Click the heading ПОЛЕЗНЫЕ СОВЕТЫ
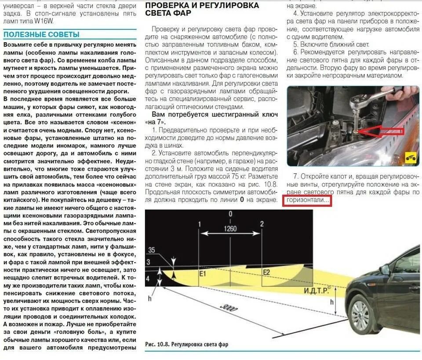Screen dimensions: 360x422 42,34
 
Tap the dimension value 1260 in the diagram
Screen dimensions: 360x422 230,228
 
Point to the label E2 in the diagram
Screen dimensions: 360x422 266,272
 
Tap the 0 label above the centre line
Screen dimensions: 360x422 230,213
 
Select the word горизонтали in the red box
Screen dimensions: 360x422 308,200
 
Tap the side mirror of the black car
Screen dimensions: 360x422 385,269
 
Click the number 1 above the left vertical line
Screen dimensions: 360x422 199,224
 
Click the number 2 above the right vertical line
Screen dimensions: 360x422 262,224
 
